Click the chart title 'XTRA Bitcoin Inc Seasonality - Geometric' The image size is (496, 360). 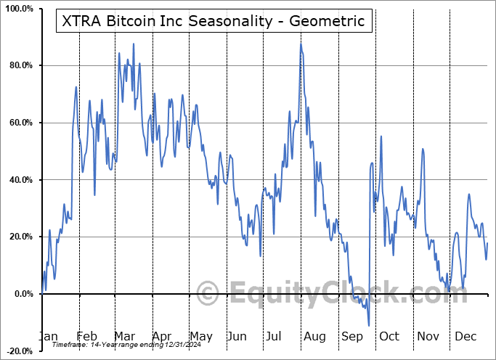coord(214,21)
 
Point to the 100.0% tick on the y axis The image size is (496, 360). coord(17,9)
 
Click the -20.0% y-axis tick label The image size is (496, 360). coord(18,351)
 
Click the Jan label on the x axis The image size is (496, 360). coord(48,336)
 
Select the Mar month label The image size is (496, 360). coord(125,336)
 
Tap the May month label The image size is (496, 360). coord(200,336)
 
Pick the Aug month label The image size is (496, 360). coord(314,336)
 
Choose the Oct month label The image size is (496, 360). coord(389,336)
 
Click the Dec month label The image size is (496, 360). coord(465,336)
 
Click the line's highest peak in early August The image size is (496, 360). coord(301,44)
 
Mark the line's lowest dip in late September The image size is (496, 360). coord(369,326)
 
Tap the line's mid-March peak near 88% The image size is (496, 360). coord(134,44)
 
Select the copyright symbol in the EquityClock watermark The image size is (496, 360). coord(208,294)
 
